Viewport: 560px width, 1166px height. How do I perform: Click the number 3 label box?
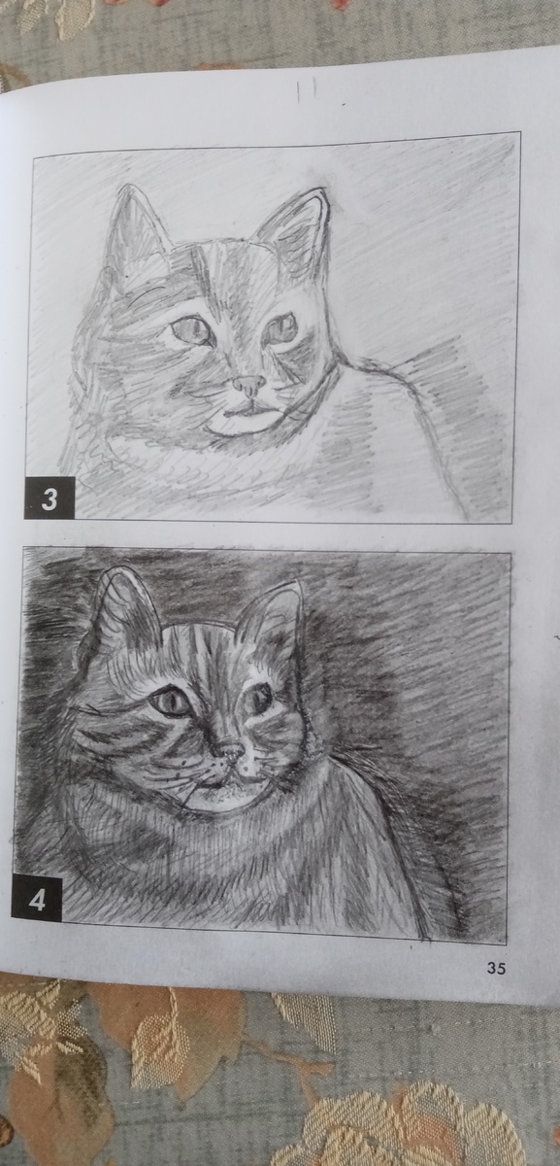(x=49, y=498)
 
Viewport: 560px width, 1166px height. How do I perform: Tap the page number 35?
(x=496, y=953)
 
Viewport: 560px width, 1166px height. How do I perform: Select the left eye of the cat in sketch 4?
(x=169, y=702)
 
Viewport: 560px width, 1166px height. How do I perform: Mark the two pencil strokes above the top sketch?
(x=305, y=91)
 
